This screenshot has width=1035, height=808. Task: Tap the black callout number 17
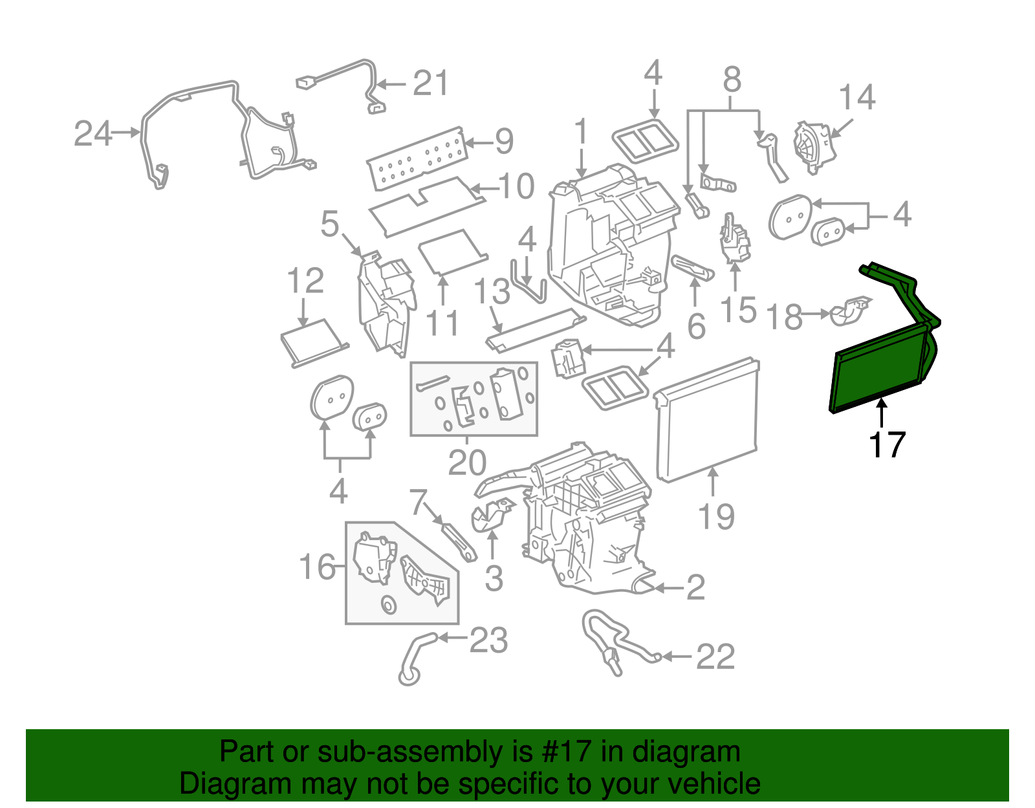point(886,444)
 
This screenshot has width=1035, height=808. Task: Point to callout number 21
point(431,83)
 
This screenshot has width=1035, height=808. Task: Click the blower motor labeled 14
point(814,147)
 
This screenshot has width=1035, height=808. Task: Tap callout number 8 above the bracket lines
point(732,79)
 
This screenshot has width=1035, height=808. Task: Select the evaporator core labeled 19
point(706,419)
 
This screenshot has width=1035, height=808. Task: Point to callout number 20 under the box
point(467,462)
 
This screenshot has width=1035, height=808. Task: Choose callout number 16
point(317,567)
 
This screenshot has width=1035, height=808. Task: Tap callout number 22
point(715,657)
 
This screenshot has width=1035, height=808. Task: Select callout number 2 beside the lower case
point(695,587)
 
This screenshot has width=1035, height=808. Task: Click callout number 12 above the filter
point(305,281)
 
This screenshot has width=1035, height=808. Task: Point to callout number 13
point(492,291)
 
